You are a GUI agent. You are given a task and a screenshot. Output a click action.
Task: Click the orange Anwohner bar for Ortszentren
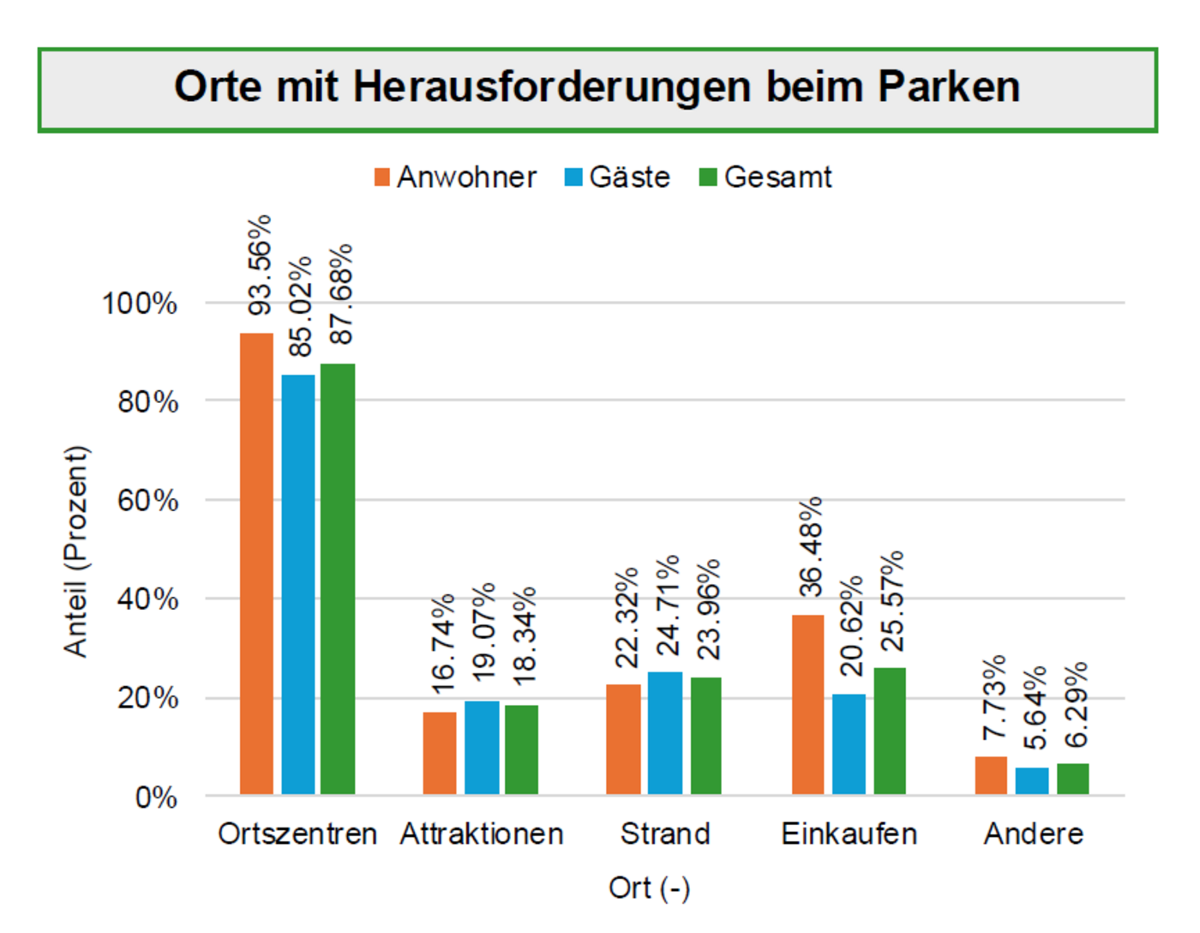point(256,563)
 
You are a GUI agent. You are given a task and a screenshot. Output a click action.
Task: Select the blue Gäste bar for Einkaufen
point(849,743)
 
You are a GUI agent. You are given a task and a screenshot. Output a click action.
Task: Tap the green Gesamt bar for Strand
point(706,735)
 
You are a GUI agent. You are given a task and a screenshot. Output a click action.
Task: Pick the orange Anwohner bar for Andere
point(991,775)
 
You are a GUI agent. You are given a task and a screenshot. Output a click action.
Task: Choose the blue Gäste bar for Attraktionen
point(482,747)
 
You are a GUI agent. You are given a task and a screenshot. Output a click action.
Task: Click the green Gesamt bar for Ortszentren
point(338,579)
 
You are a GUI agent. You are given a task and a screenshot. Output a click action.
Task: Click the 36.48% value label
point(810,546)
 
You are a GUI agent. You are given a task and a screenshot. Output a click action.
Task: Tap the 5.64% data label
point(1035,707)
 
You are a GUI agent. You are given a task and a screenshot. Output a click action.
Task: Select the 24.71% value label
point(667,605)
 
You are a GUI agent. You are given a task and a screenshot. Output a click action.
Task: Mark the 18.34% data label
point(523,635)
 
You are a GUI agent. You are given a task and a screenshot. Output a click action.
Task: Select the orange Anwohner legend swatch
point(382,178)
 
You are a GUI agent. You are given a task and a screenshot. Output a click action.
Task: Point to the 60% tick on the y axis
point(147,500)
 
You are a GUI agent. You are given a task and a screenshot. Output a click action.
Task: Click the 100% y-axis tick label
point(140,303)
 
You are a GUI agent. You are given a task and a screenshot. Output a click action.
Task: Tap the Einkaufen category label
point(849,834)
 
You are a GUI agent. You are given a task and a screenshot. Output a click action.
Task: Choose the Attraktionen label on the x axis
point(482,834)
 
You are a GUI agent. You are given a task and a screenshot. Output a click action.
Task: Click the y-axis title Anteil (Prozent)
point(76,551)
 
